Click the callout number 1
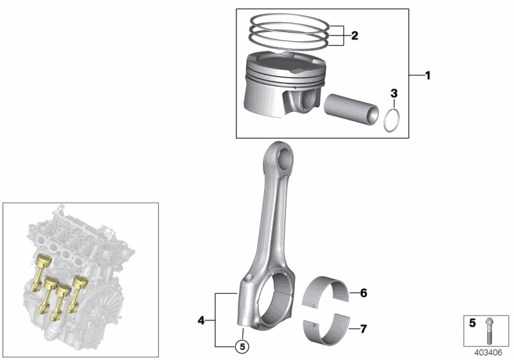coord(427,76)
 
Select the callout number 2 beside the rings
coord(354,37)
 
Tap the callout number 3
coord(394,94)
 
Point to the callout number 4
coord(201,319)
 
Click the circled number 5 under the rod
coord(242,347)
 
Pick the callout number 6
coord(363,294)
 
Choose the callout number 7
coord(363,330)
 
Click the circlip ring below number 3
coord(393,120)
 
